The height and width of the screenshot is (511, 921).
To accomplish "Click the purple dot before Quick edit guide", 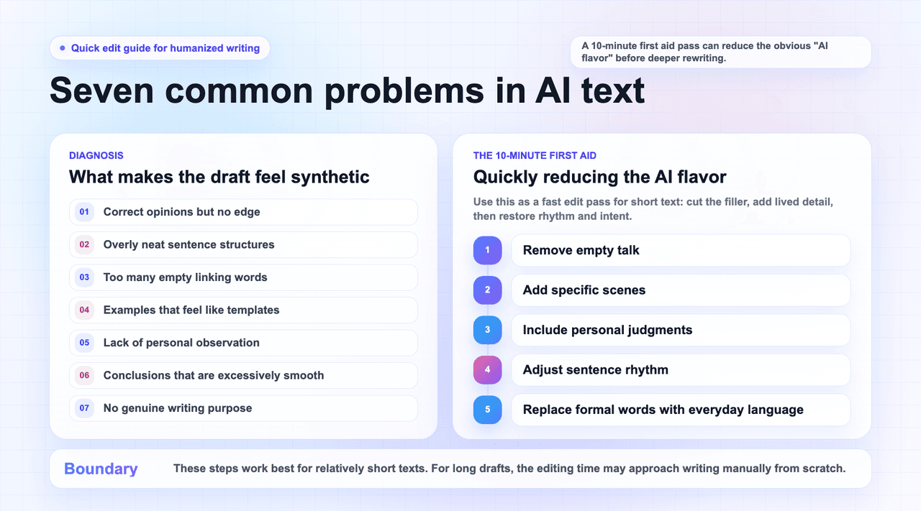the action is pos(63,48).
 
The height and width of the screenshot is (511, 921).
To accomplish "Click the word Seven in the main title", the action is pos(101,91).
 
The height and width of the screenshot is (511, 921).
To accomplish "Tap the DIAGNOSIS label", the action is pos(96,156).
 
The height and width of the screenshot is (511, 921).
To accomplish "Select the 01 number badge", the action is pos(84,212).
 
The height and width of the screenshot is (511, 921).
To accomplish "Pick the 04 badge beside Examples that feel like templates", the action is pos(84,310).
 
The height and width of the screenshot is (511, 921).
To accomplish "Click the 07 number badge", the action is pos(84,408).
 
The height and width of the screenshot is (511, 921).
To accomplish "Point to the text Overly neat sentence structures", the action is pos(189,244).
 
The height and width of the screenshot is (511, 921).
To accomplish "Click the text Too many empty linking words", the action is pos(185,277).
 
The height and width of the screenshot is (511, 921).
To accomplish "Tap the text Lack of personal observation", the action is pos(181,343).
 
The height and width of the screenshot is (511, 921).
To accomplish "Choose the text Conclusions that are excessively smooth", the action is pos(214,375).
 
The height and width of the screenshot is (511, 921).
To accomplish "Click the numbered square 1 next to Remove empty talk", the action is pos(488,250).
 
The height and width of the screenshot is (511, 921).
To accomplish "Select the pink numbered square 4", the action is pos(488,369).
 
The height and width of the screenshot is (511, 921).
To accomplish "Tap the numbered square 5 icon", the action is pos(488,410).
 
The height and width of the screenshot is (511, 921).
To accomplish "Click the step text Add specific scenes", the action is pos(584,290).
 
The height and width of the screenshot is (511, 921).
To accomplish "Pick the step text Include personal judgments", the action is pos(607,330).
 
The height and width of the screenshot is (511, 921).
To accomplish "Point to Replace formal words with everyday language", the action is pos(663,410).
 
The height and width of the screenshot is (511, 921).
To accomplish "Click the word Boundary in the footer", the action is pos(101,469).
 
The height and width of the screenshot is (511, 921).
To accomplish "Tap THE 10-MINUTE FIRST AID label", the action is pos(535,156).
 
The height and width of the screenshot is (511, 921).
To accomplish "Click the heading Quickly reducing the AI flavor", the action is pos(599,177).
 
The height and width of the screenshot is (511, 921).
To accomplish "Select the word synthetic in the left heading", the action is pos(330,177).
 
